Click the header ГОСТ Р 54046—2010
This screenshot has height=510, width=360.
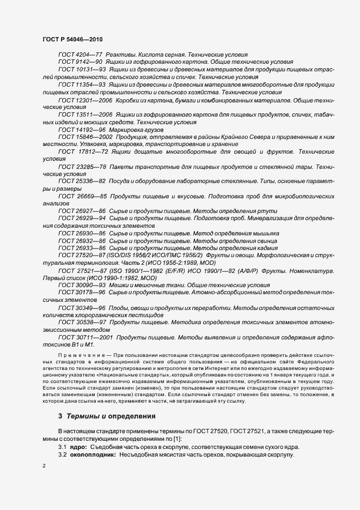click(x=72, y=40)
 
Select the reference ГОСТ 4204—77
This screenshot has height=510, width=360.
click(x=80, y=55)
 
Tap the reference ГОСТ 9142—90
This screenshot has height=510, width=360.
click(x=80, y=63)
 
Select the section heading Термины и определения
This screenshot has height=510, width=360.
click(x=111, y=416)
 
